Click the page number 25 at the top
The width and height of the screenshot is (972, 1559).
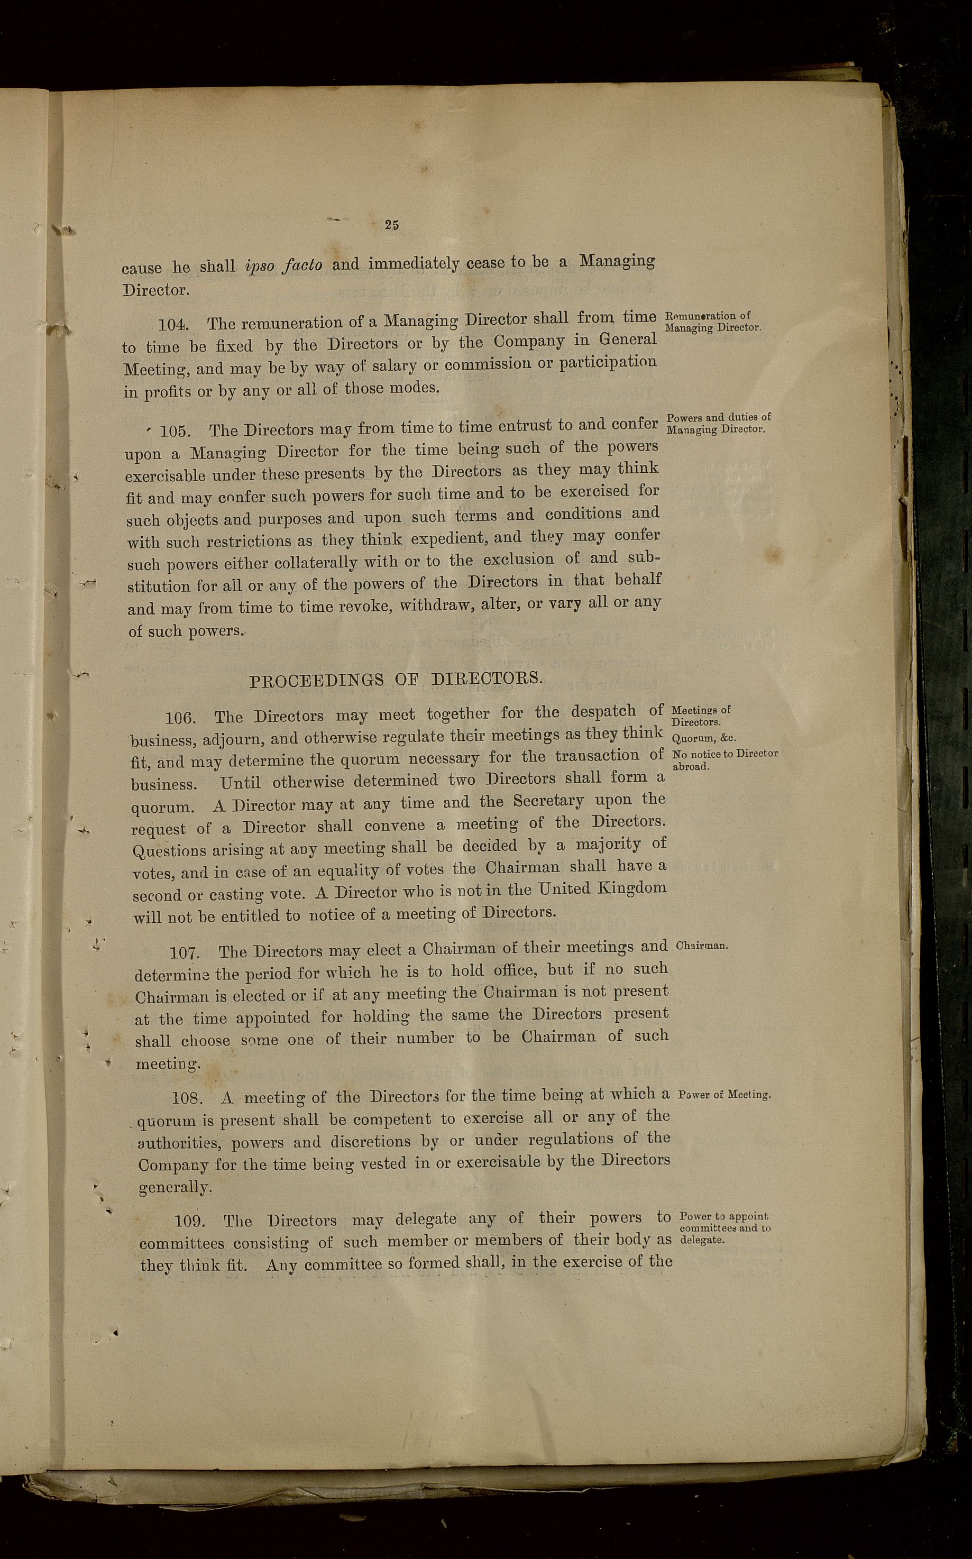click(391, 224)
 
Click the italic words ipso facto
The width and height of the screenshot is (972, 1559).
click(283, 265)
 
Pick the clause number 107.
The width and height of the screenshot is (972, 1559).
click(185, 952)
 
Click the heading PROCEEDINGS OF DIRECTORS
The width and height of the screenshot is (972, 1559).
click(396, 680)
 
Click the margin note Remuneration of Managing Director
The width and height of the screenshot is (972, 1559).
click(712, 322)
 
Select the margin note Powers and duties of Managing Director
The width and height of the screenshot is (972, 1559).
click(718, 423)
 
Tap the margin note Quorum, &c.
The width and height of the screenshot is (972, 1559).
click(703, 738)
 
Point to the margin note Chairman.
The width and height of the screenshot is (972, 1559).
click(701, 946)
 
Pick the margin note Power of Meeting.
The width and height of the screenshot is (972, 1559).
click(725, 1094)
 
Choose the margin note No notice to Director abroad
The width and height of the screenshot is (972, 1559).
click(724, 759)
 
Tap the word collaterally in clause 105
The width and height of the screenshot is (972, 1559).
click(315, 563)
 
